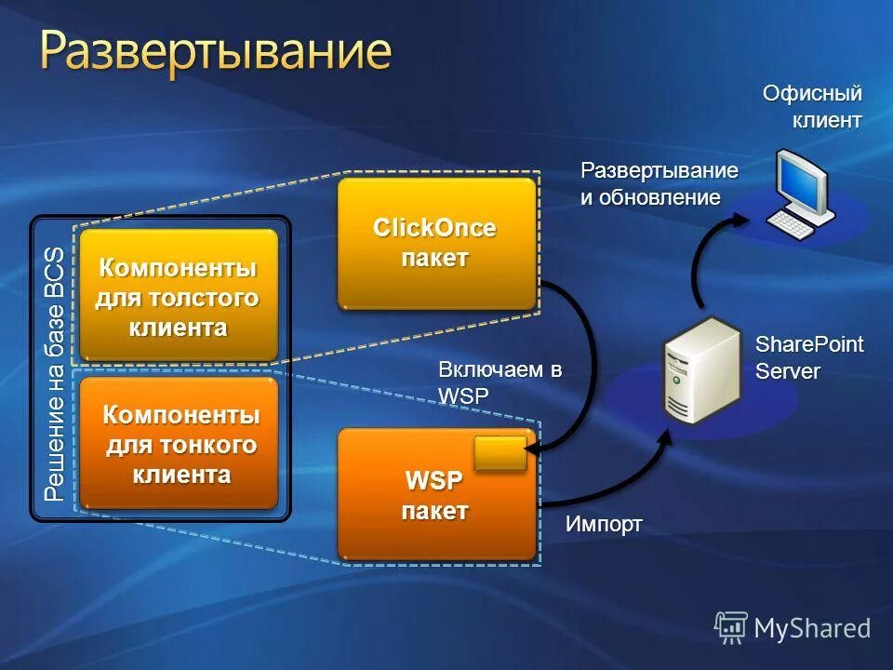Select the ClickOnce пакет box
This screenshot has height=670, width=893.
(435, 243)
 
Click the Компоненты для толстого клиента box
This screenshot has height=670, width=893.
(178, 296)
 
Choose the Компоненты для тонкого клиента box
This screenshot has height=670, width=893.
(180, 445)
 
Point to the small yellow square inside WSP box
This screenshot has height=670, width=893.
(500, 452)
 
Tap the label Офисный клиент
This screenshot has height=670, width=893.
(813, 106)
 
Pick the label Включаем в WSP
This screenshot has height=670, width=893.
(500, 382)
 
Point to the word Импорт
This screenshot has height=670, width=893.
(604, 524)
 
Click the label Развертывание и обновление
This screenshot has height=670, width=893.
(659, 183)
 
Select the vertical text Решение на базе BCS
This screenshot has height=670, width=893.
(55, 372)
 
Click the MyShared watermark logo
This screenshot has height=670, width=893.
(793, 627)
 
